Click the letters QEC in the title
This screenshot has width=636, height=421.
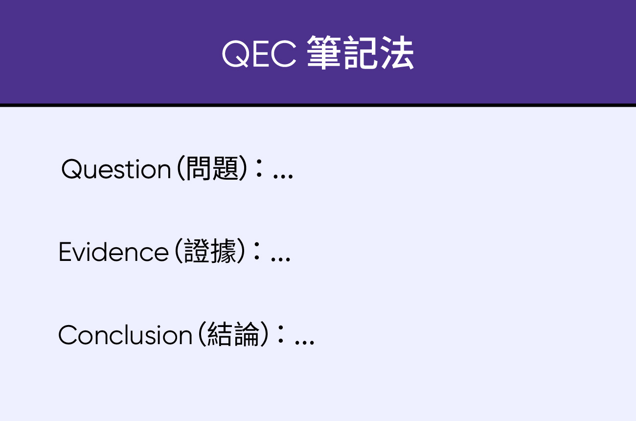tap(259, 54)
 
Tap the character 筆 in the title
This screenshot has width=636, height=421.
tap(324, 52)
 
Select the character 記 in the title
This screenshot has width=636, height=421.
tap(361, 52)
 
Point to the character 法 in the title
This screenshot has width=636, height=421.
tap(397, 52)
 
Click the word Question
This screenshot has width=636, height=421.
tap(116, 169)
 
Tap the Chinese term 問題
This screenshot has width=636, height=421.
tap(212, 169)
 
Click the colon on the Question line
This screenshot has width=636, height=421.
tap(259, 168)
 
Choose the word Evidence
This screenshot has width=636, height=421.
tap(114, 252)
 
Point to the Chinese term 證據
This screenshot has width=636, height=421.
tap(210, 251)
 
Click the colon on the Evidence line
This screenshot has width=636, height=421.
tap(257, 251)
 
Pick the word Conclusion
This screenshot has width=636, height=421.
tap(125, 335)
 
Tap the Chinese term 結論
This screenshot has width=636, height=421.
tap(233, 334)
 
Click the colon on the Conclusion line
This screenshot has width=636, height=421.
tap(280, 334)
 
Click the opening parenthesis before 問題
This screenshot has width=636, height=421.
tap(181, 168)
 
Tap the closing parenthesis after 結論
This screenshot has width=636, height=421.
tap(264, 334)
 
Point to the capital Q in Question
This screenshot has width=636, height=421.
tap(71, 169)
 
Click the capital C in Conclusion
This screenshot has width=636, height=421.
tap(68, 335)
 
